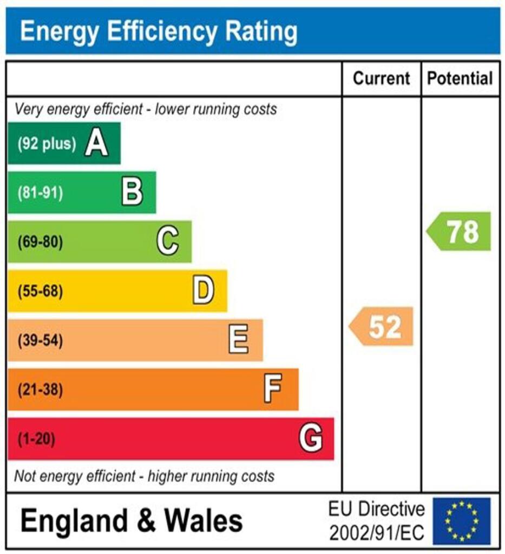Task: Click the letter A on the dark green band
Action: tap(96, 144)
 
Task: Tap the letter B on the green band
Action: tap(132, 193)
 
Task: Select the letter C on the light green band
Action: tap(168, 241)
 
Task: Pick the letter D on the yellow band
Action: tap(203, 291)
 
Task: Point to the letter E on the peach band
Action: tap(238, 340)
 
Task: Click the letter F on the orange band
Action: tap(273, 389)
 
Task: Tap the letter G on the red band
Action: tap(311, 438)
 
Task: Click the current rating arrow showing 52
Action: tap(382, 327)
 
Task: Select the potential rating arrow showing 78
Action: tap(460, 232)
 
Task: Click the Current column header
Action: tap(381, 78)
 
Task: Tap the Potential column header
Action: tap(460, 78)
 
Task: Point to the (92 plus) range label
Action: tap(46, 144)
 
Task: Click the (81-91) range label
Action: tap(40, 193)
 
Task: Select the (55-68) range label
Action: tap(40, 292)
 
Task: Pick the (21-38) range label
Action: tap(40, 390)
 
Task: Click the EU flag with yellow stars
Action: tap(461, 521)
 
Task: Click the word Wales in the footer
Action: tap(204, 521)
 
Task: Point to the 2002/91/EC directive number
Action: tap(377, 532)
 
